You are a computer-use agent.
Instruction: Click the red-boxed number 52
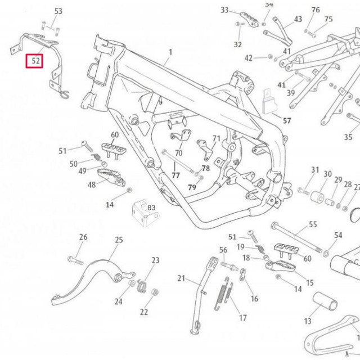(35, 61)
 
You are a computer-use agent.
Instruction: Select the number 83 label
(151, 208)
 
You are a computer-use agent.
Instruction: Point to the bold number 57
(287, 121)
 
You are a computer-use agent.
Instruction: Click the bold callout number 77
(175, 175)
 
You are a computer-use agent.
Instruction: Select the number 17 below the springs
(243, 318)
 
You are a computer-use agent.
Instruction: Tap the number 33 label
(225, 11)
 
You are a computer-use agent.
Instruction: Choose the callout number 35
(349, 137)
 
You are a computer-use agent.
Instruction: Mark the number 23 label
(155, 260)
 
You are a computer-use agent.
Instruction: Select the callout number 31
(315, 170)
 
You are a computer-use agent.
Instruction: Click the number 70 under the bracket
(179, 152)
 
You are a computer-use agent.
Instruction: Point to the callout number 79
(192, 187)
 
